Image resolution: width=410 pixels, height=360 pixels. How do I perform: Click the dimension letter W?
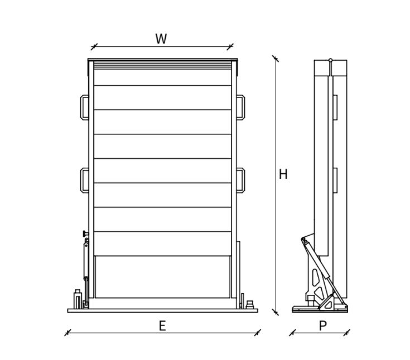[161, 38]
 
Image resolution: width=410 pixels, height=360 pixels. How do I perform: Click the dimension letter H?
[283, 174]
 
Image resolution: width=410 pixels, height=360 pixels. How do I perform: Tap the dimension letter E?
[162, 326]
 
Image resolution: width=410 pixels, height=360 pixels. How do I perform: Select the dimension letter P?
[323, 326]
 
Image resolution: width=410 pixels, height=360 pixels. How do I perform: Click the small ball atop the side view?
[330, 60]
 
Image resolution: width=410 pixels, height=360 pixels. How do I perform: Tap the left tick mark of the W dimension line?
[94, 47]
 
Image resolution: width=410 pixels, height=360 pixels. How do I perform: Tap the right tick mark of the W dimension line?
[230, 47]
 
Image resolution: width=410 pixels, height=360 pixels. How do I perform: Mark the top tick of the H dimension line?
[276, 59]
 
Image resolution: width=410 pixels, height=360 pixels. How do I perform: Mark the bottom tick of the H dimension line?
[276, 312]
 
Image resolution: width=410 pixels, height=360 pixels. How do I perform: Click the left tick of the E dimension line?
[67, 333]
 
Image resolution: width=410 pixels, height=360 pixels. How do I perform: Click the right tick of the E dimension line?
[258, 333]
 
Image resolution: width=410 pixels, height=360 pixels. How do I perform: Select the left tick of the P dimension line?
[293, 333]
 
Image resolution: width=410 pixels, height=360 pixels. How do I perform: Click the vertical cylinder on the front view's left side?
[86, 261]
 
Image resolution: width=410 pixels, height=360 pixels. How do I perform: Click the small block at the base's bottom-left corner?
[78, 299]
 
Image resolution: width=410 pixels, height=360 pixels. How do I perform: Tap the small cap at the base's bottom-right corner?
[250, 305]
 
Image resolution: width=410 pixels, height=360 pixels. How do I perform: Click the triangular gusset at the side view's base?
[329, 304]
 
